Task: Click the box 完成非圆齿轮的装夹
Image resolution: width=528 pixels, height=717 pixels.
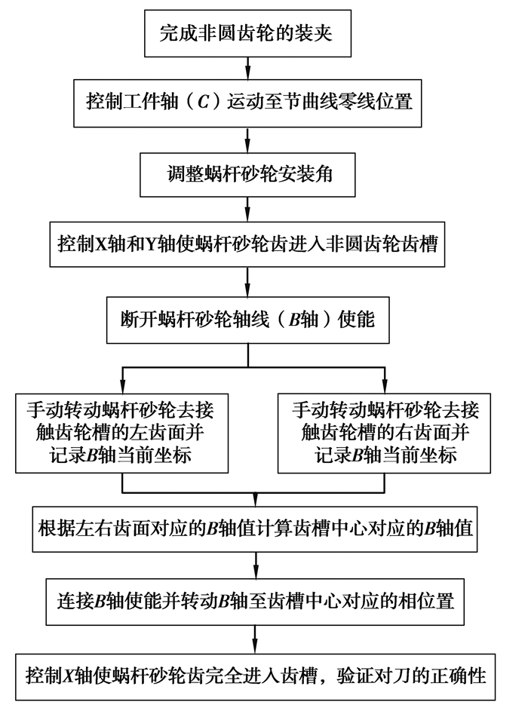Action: (x=247, y=34)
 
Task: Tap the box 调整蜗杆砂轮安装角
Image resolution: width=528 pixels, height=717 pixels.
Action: (x=247, y=174)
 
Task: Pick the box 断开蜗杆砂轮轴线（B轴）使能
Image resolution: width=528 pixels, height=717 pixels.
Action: (x=247, y=318)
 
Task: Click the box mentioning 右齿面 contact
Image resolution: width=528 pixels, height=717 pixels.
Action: (x=385, y=431)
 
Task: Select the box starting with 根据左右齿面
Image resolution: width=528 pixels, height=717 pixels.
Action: (x=256, y=528)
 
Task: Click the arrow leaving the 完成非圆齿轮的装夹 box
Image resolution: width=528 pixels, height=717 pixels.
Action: (x=247, y=68)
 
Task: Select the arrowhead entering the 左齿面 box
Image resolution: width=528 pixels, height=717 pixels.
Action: (x=122, y=382)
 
